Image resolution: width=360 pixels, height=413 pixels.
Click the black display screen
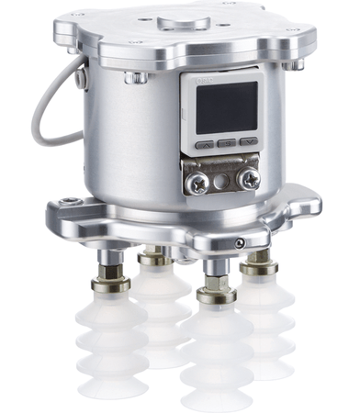[226, 108]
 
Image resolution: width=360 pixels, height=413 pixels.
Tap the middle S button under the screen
[226, 143]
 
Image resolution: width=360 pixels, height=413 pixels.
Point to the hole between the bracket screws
[224, 180]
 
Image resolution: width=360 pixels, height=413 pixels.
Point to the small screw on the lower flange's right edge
[240, 242]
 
